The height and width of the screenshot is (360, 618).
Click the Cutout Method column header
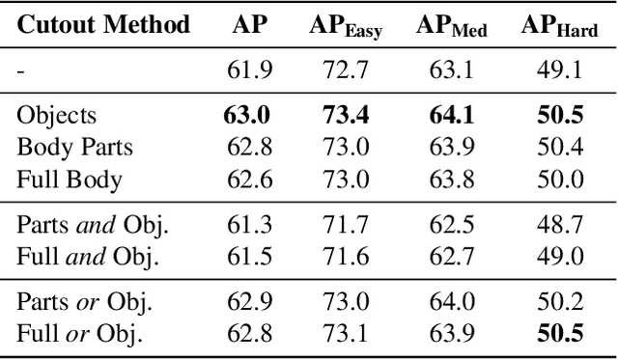click(x=103, y=25)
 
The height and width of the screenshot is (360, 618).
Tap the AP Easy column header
click(x=347, y=27)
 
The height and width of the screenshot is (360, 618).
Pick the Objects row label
click(x=57, y=116)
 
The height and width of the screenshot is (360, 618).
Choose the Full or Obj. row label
click(x=79, y=334)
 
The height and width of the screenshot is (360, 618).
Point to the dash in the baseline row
click(x=20, y=69)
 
